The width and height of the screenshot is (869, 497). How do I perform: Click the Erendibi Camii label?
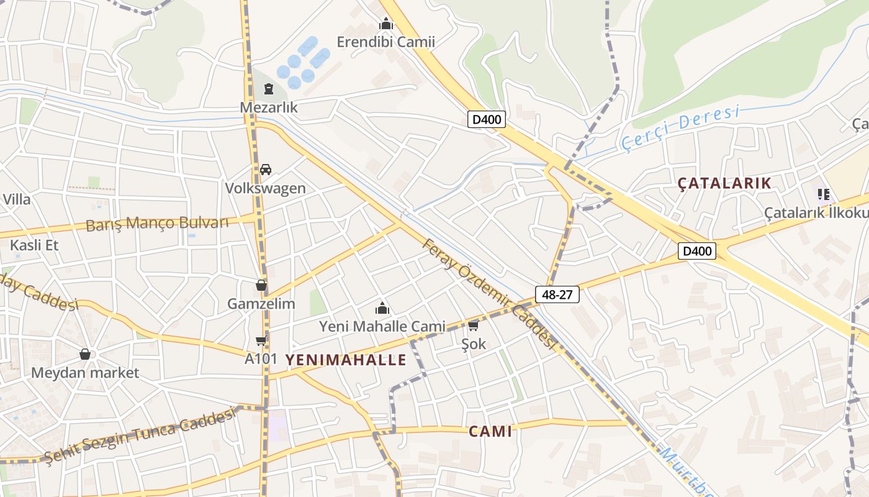coord(385,42)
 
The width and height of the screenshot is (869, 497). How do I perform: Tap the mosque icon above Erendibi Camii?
coord(386,25)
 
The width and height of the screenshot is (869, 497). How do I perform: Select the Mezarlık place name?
coord(269,107)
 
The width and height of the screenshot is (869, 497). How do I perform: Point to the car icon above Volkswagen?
coord(266,170)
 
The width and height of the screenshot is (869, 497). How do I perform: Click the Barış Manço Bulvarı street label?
coord(157,223)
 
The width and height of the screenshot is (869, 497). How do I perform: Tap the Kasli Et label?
coord(34,245)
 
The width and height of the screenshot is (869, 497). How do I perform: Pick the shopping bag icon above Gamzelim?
coord(261,286)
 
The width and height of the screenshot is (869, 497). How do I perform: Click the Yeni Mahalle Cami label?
coord(382,326)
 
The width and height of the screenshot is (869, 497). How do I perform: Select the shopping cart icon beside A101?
coord(261,340)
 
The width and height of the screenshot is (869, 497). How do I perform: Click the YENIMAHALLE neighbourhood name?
coord(346,360)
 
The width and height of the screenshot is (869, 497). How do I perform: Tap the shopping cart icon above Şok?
coord(474,326)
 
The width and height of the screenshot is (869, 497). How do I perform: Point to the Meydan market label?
coord(85,373)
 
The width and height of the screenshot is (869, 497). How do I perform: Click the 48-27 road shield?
coord(557,294)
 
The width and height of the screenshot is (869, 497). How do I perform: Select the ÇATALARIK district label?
coord(724,183)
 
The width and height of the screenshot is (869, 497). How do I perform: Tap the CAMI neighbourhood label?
coord(490,432)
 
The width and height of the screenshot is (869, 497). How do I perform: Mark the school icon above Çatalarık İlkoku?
coord(824,194)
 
